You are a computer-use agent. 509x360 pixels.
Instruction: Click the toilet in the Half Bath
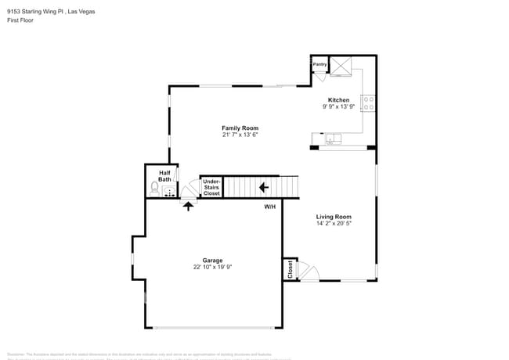click(154, 189)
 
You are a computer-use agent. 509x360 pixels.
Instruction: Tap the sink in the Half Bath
click(168, 190)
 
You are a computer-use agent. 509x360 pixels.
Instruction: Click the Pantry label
click(319, 65)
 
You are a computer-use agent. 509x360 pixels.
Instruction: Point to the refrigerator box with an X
click(341, 67)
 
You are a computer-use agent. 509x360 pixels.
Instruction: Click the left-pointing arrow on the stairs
click(265, 187)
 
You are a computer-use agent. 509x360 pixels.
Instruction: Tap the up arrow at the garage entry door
click(187, 204)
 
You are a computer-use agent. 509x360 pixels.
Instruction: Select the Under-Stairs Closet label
click(211, 187)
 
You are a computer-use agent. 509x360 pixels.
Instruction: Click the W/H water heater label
click(269, 207)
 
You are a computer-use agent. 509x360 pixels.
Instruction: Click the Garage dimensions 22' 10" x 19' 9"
click(213, 267)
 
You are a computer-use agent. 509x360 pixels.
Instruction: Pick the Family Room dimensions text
click(240, 135)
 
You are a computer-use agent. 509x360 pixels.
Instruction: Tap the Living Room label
click(334, 217)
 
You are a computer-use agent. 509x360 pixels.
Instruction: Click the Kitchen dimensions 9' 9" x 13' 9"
click(338, 106)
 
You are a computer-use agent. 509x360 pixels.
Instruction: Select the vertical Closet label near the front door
click(290, 269)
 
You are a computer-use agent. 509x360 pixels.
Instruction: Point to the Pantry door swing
click(320, 75)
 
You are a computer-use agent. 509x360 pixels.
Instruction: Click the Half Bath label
click(164, 176)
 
